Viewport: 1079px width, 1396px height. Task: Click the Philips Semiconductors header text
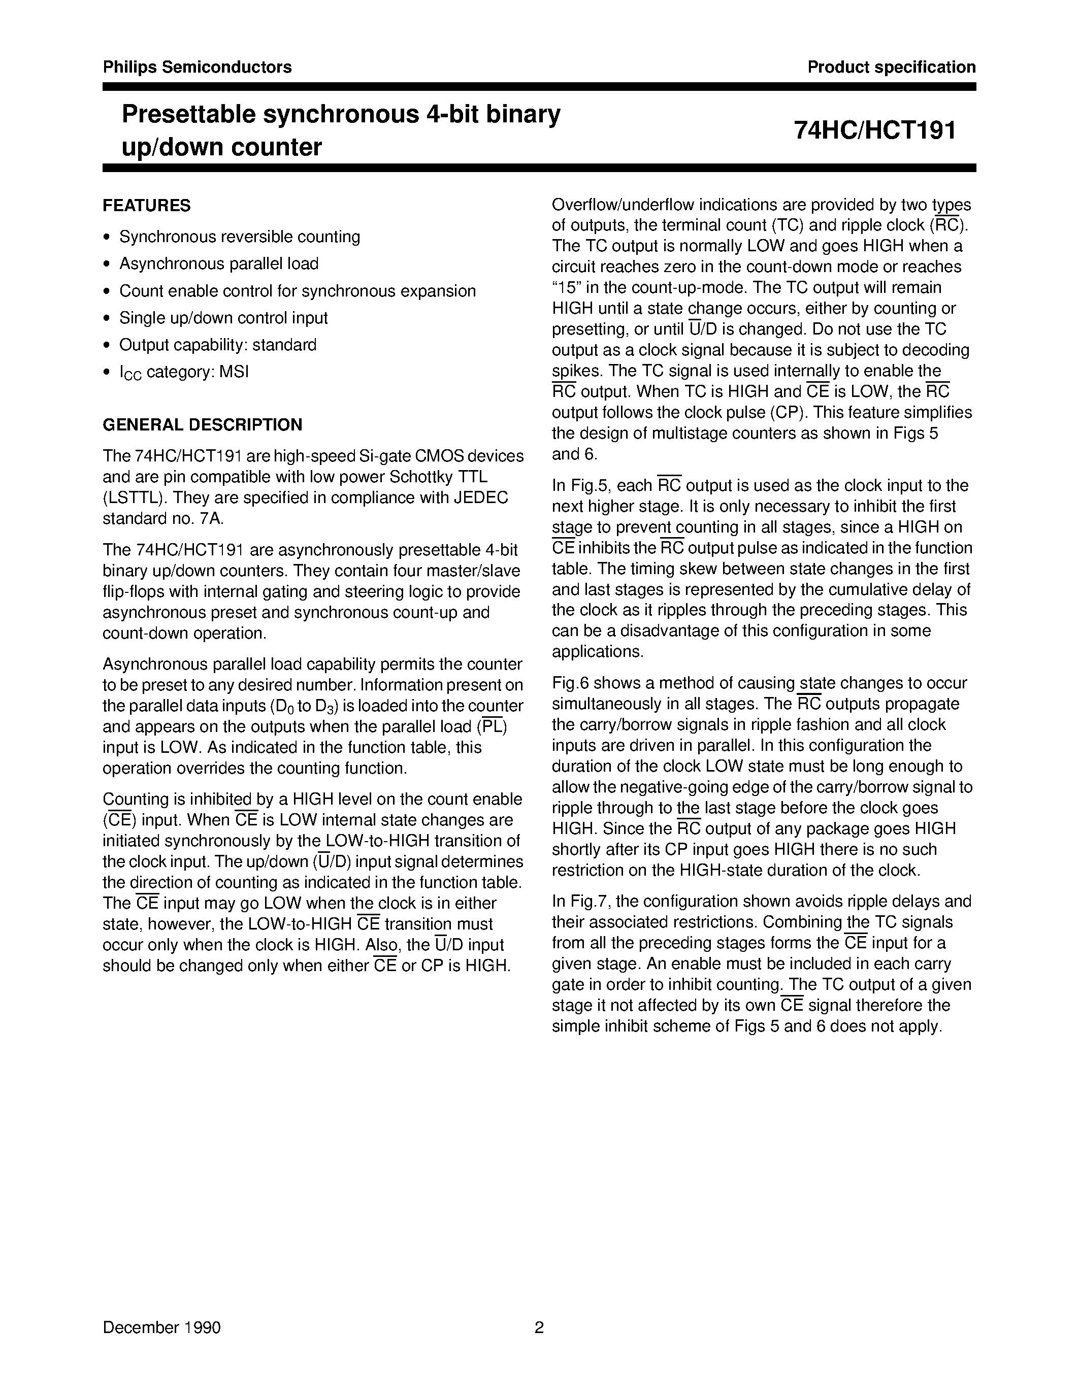197,67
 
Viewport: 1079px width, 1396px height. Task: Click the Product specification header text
891,67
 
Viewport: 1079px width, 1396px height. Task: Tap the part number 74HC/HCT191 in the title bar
874,130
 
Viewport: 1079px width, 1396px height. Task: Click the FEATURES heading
146,205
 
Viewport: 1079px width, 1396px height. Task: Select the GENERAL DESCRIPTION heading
202,424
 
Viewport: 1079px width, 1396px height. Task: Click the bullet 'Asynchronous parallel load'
219,263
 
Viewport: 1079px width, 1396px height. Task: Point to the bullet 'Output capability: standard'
217,345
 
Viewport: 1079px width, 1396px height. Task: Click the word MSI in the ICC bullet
234,372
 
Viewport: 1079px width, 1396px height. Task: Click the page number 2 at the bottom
539,1327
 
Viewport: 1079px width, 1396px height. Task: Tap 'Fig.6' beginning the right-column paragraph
570,683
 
